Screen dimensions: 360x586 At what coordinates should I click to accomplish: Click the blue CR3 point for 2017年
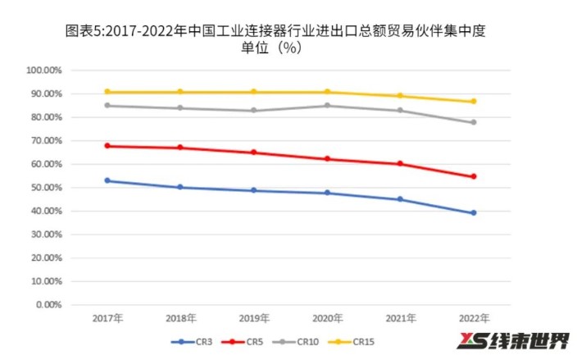[107, 180]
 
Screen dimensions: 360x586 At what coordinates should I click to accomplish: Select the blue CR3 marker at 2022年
[473, 213]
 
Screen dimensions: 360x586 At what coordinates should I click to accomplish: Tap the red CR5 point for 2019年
[253, 153]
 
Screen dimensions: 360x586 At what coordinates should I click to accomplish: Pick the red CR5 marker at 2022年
[473, 176]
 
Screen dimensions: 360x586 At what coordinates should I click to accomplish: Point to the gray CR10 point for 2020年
[327, 105]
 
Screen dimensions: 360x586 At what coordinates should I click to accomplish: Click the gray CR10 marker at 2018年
[180, 108]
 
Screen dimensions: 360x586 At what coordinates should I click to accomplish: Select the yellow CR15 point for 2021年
[400, 96]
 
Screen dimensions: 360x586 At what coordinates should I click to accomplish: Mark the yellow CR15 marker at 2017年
[107, 92]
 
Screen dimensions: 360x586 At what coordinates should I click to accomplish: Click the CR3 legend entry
[194, 341]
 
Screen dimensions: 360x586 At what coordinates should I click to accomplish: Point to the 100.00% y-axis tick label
[46, 71]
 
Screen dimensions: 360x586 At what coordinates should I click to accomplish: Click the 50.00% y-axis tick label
[48, 188]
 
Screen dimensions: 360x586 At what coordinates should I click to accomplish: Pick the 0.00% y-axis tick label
[49, 304]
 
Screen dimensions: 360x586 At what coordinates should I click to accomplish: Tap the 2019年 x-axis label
[253, 317]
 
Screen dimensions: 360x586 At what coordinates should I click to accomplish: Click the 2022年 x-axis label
[473, 317]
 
